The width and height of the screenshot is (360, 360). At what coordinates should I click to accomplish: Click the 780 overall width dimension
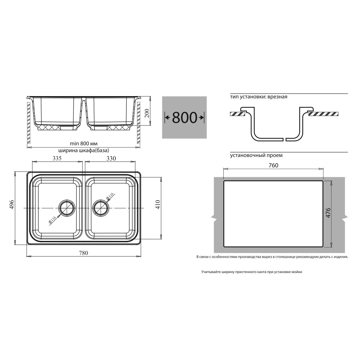click(83, 253)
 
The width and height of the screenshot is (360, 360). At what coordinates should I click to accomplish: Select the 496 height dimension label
click(12, 204)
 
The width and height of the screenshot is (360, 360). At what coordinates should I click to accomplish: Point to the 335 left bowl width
click(57, 158)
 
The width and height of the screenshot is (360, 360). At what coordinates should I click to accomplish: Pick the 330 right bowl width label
click(111, 158)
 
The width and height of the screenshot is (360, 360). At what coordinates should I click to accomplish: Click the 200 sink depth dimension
click(147, 113)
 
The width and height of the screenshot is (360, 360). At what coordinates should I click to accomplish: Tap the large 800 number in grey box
click(184, 118)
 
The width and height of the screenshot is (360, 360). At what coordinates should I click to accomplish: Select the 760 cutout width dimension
click(274, 165)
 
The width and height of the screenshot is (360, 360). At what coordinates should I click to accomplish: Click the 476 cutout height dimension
click(328, 212)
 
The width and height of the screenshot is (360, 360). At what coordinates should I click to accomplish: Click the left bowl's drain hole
click(66, 208)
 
